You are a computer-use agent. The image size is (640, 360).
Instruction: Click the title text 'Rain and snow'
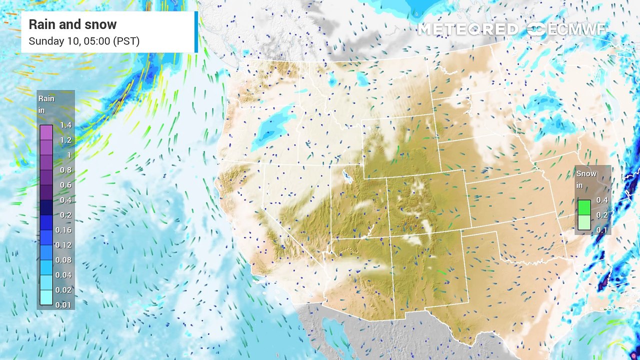pyautogui.click(x=72, y=24)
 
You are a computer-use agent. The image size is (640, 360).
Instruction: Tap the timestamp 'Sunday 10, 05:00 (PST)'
pyautogui.click(x=84, y=41)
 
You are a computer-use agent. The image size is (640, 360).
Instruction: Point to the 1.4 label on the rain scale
pyautogui.click(x=65, y=125)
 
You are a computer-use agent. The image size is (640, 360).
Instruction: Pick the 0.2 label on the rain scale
pyautogui.click(x=65, y=215)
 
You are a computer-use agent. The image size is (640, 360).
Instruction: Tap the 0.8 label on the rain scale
pyautogui.click(x=65, y=170)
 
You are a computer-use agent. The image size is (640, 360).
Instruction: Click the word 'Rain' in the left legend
pyautogui.click(x=46, y=98)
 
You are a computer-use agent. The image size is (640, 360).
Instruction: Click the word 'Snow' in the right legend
pyautogui.click(x=586, y=173)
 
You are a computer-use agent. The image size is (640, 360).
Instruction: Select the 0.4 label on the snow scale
pyautogui.click(x=602, y=200)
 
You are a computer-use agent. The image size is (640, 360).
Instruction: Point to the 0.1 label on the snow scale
pyautogui.click(x=602, y=230)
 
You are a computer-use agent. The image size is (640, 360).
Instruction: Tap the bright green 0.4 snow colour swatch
pyautogui.click(x=584, y=207)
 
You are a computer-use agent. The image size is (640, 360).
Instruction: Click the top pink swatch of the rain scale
pyautogui.click(x=46, y=132)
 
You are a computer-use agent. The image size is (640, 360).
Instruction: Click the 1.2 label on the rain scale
pyautogui.click(x=65, y=140)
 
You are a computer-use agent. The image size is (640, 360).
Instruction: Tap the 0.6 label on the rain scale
pyautogui.click(x=65, y=185)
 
